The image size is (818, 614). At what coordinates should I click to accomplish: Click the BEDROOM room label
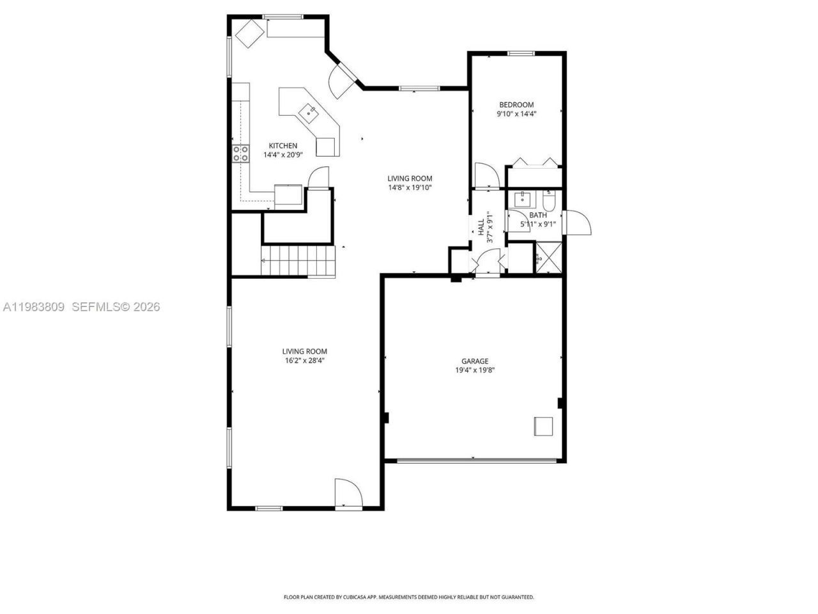(516, 104)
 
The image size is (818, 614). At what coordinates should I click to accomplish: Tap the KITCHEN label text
(282, 146)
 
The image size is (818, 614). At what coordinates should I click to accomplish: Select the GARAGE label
(475, 361)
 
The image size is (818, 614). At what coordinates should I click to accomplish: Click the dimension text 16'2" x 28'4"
(305, 360)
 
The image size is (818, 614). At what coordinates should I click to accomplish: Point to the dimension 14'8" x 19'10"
(410, 188)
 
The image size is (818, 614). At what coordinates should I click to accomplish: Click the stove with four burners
(241, 153)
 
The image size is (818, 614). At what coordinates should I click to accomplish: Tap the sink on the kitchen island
(309, 113)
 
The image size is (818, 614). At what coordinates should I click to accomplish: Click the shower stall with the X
(548, 258)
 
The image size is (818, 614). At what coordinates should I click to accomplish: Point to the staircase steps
(298, 260)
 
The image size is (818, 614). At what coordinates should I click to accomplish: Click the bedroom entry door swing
(484, 176)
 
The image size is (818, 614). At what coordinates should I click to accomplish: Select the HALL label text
(480, 228)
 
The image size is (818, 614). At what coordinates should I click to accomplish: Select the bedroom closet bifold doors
(534, 161)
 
